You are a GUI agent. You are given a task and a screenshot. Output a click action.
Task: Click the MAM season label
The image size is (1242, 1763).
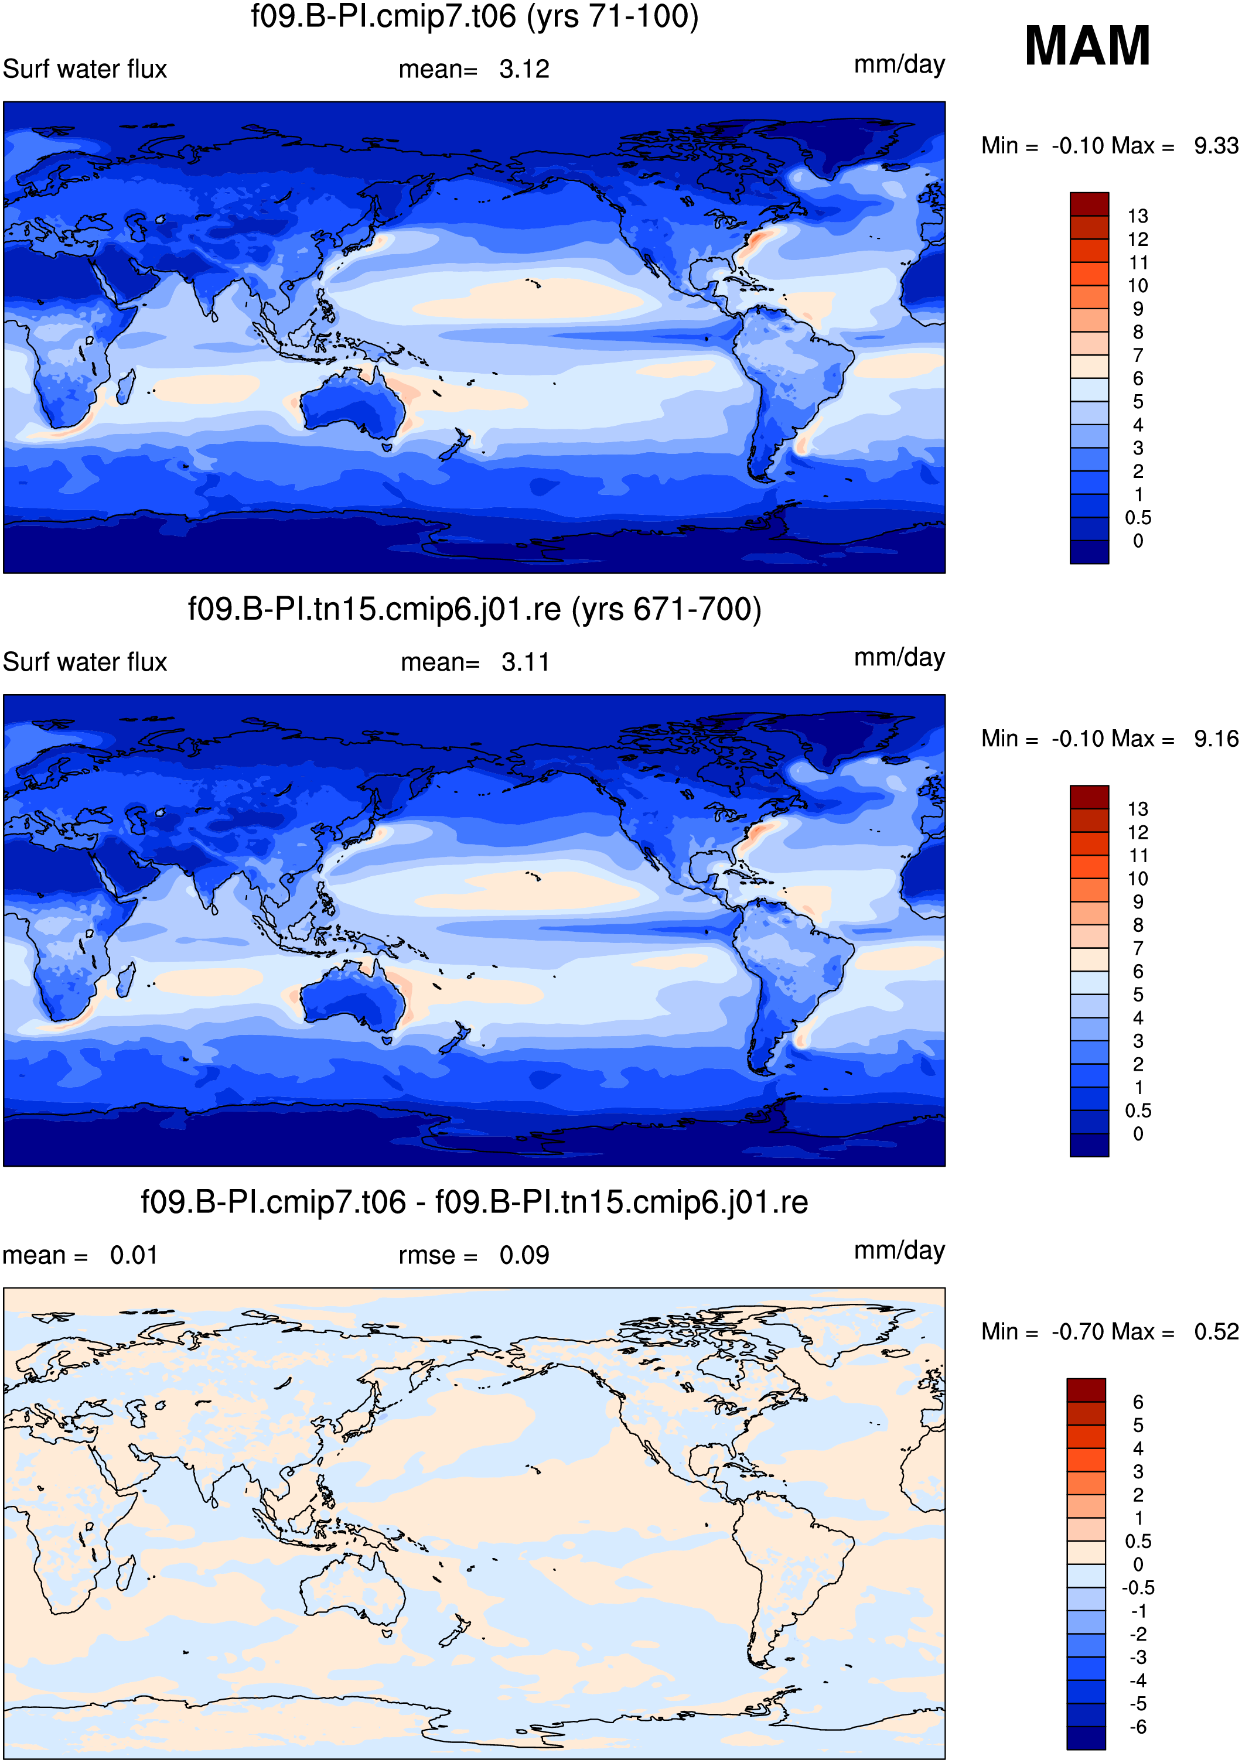pos(1087,46)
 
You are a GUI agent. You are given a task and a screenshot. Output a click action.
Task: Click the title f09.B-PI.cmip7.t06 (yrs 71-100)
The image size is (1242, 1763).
pos(475,17)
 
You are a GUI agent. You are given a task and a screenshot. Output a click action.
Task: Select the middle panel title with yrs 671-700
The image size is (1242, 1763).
pos(475,609)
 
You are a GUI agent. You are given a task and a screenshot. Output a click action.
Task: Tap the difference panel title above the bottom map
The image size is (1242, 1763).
pos(475,1202)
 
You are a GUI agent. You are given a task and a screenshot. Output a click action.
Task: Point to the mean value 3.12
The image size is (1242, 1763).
pos(524,69)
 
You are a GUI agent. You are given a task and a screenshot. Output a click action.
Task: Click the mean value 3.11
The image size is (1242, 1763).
pos(526,662)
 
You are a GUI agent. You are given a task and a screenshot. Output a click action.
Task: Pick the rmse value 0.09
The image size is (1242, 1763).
pos(524,1255)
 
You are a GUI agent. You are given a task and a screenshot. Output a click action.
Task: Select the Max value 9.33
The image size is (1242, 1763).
pos(1216,145)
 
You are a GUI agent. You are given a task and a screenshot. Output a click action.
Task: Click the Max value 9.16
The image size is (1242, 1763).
pos(1216,739)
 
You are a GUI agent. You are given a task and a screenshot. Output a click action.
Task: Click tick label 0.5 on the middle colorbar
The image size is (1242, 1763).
pos(1138,1111)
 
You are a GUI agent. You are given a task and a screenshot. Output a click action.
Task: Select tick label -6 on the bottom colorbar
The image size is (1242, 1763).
pos(1138,1727)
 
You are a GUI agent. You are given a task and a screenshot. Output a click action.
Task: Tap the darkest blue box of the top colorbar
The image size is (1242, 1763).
pos(1089,552)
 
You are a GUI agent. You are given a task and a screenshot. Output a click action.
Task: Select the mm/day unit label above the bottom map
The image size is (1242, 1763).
pos(899,1251)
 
